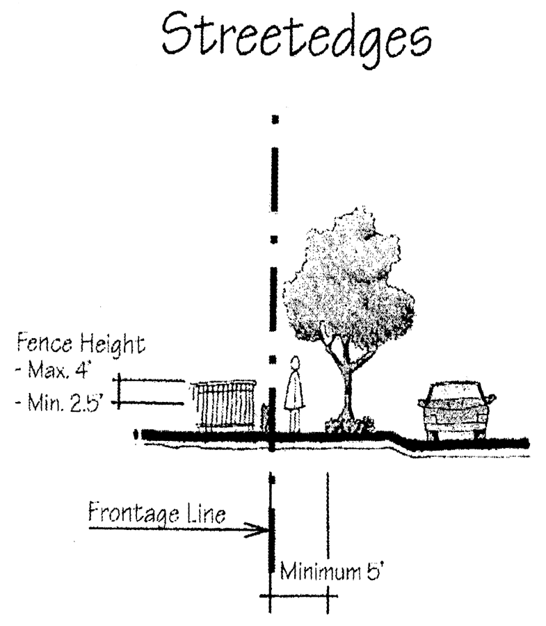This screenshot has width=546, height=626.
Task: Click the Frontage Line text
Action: click(x=156, y=515)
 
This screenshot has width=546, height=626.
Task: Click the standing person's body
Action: click(x=295, y=396)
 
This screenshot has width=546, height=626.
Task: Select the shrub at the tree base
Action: click(x=346, y=424)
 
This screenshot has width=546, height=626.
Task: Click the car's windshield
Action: click(x=456, y=394)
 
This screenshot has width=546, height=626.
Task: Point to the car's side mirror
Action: click(x=492, y=399)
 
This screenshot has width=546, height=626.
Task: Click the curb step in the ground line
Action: click(x=399, y=440)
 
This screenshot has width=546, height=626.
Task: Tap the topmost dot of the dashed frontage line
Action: click(x=275, y=120)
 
